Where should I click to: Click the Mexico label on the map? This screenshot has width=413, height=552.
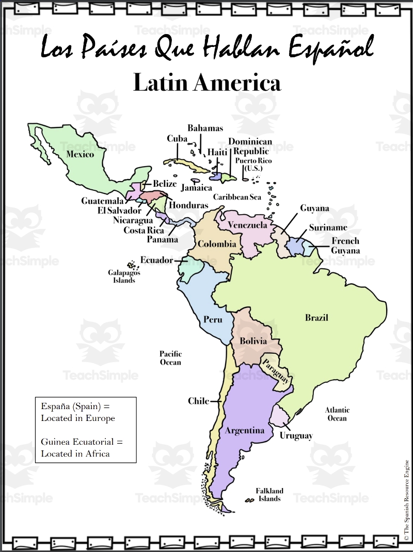click(80, 154)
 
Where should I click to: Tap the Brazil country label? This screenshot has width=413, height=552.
click(316, 318)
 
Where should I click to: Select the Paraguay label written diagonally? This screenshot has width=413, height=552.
click(275, 370)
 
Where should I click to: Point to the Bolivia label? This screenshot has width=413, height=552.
click(253, 341)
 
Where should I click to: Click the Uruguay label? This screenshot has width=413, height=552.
click(296, 436)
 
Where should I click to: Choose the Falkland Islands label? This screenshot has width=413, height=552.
click(269, 495)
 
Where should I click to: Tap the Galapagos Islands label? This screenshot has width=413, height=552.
click(124, 277)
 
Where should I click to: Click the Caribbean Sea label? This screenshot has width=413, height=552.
click(237, 197)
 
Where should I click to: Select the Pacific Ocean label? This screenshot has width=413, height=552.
click(170, 358)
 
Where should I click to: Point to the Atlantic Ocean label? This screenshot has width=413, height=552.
click(337, 414)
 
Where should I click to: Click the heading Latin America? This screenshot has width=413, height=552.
click(206, 83)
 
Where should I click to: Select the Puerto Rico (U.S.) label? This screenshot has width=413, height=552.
click(253, 165)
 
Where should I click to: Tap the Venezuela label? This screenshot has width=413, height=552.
click(248, 225)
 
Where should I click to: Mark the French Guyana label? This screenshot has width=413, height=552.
click(345, 246)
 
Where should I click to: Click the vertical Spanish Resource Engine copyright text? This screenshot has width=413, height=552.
click(406, 498)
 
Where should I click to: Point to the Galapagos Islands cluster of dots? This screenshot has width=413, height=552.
click(132, 265)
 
